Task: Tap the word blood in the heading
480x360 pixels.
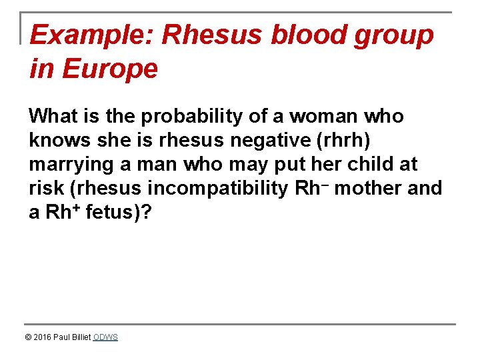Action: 311,35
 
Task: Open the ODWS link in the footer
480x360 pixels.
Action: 105,337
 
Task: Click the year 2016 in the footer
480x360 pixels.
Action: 43,337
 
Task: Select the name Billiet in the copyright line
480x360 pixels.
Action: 80,337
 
